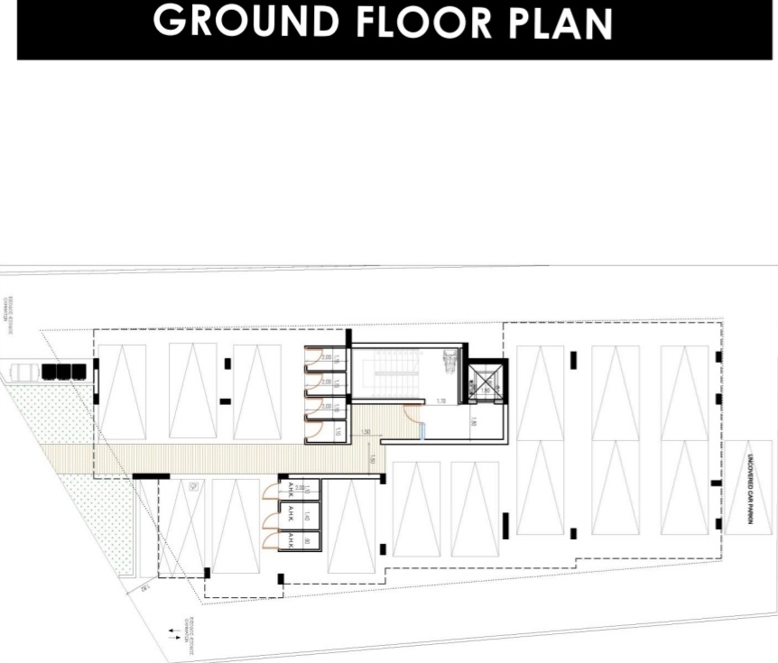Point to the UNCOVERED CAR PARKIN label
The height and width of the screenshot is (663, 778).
[749, 488]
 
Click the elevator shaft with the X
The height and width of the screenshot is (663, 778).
[485, 384]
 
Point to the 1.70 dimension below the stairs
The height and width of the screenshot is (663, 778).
[441, 401]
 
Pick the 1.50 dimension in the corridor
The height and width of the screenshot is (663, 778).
[366, 432]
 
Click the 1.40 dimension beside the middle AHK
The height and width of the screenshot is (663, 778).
[307, 515]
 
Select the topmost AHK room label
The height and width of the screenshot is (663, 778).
[291, 489]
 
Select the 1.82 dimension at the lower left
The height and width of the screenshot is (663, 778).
[144, 589]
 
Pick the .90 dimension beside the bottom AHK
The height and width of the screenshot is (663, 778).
[307, 540]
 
